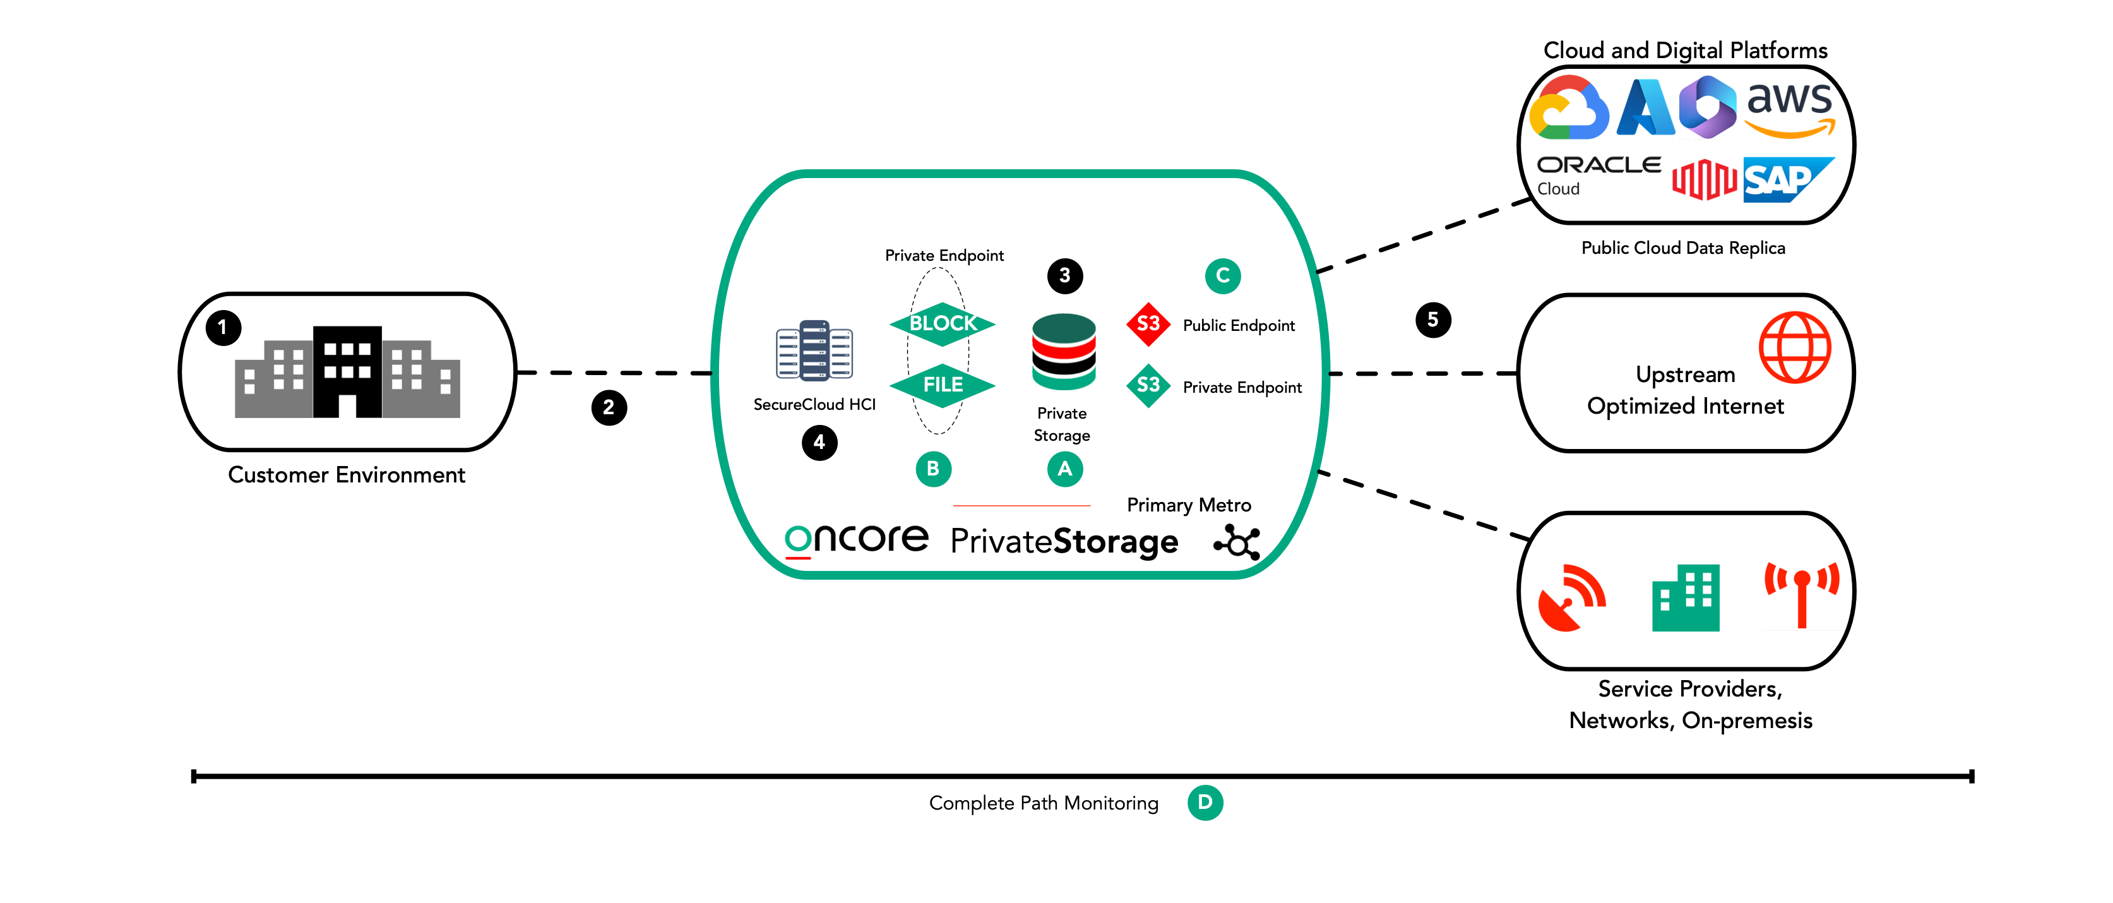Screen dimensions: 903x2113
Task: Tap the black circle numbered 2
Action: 609,408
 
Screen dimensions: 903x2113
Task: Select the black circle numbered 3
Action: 1064,275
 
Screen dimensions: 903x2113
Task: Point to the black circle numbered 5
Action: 1433,320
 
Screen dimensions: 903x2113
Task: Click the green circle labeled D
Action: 1205,802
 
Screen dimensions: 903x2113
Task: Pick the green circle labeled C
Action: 1222,275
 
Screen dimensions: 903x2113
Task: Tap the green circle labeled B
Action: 932,469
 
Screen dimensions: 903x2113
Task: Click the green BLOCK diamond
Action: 943,324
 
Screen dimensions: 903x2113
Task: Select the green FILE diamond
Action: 943,385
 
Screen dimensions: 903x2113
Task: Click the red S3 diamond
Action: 1148,324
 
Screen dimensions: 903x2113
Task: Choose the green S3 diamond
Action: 1148,385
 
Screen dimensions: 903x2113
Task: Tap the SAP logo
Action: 1787,179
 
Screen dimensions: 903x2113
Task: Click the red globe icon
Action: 1795,348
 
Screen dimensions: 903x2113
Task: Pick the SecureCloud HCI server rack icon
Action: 814,351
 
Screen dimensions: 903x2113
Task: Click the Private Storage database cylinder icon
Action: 1064,351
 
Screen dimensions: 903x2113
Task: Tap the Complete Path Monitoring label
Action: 1044,803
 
